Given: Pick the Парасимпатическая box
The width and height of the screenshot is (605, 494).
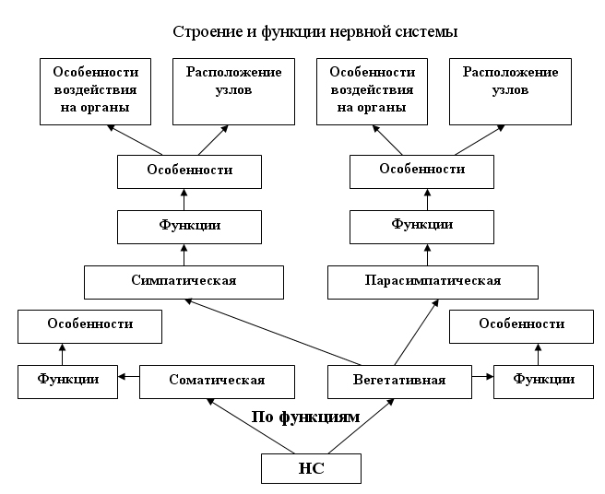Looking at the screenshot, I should point(433,281).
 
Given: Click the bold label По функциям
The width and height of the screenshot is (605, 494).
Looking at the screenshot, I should point(305,418).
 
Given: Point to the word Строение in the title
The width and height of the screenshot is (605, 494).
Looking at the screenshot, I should point(200,32).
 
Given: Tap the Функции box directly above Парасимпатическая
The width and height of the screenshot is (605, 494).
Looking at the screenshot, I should point(422,225).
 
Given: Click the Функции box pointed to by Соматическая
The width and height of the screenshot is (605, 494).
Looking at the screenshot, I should point(68,380).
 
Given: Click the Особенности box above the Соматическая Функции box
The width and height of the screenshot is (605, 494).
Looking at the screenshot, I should point(90,324).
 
